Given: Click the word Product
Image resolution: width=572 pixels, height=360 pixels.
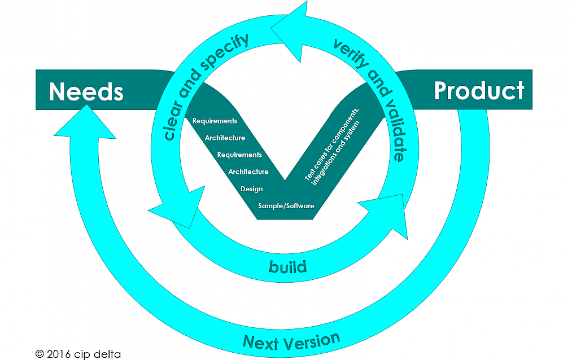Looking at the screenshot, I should (x=479, y=90).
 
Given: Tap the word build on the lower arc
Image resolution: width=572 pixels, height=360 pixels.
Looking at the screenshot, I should (x=287, y=266).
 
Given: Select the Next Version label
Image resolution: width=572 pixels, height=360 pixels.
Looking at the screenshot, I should (x=291, y=340).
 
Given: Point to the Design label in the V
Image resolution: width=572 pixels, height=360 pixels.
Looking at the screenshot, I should (x=251, y=189).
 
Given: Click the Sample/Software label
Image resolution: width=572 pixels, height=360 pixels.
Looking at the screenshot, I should (x=286, y=206).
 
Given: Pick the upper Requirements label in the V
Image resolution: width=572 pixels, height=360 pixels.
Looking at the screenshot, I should (x=215, y=121).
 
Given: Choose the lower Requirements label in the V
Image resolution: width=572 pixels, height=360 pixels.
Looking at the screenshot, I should (x=239, y=155).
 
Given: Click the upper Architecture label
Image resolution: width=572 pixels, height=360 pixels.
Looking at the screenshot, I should (x=225, y=138).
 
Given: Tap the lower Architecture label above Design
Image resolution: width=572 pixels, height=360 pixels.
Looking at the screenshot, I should (x=248, y=172).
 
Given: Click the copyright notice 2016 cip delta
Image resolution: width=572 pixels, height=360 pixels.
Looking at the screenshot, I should (x=78, y=354).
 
